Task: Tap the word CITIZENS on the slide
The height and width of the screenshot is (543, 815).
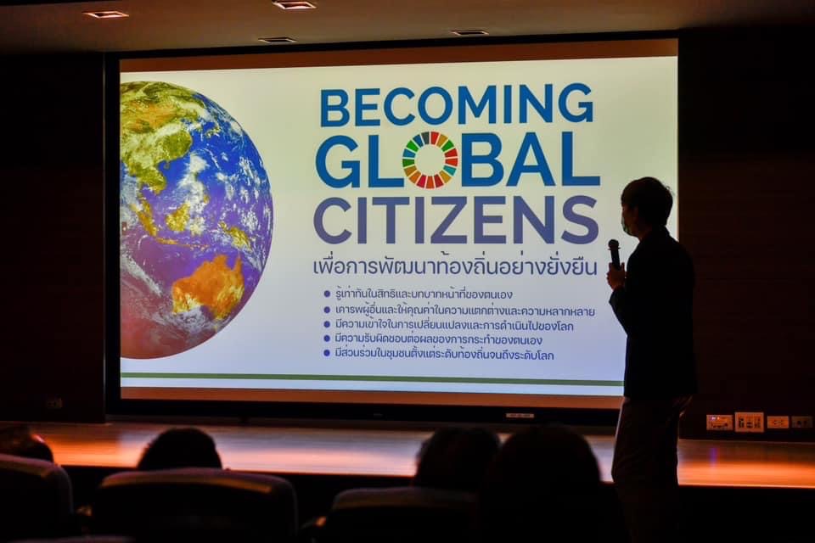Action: [456, 221]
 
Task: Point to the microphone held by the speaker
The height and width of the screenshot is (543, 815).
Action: [615, 253]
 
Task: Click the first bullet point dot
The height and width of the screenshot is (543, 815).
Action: [327, 294]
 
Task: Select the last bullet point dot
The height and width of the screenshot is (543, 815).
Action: [327, 353]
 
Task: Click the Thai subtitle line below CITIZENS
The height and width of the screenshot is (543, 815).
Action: [455, 266]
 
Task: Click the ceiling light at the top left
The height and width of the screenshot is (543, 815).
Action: [106, 14]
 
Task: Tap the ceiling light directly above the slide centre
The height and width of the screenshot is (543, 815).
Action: [294, 5]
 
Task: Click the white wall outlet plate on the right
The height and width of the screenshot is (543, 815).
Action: [749, 422]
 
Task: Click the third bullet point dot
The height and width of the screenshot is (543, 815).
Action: [327, 324]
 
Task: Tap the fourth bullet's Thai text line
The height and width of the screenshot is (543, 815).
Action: [439, 340]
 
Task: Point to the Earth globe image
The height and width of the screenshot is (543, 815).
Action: [196, 220]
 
